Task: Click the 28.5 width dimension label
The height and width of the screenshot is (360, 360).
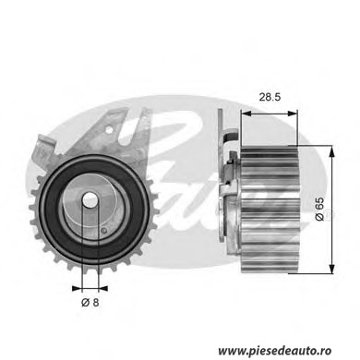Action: coord(270,97)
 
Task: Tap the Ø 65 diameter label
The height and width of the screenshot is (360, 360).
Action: coord(319,209)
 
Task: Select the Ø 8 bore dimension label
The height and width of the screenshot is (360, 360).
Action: coord(90,303)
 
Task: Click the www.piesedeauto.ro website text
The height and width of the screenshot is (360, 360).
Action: coord(275,351)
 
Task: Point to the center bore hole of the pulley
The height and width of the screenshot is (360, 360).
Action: coord(90,200)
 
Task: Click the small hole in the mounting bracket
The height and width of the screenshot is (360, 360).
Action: coord(109,130)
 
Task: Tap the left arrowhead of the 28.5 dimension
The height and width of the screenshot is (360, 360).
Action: coord(246,114)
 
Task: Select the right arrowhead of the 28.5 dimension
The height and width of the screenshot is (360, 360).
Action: coord(293,114)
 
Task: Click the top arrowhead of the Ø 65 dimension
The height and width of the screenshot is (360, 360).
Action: coord(331,151)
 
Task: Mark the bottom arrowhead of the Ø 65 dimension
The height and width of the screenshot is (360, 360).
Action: coord(331,269)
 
